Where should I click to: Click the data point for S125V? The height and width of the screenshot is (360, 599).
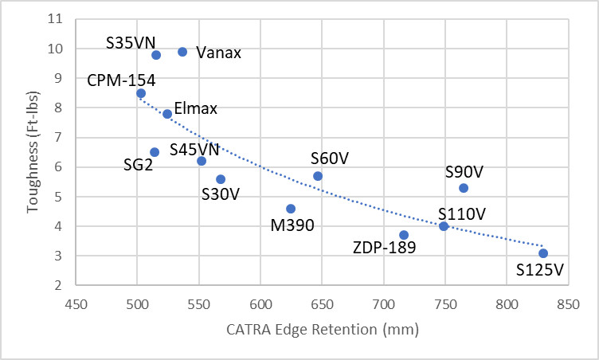[543, 253]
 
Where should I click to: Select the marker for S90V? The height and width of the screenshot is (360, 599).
[464, 188]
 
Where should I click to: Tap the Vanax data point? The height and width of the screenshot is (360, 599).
[182, 52]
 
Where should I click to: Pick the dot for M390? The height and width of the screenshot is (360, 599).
[291, 209]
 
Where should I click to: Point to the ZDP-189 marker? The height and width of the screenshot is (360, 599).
[404, 235]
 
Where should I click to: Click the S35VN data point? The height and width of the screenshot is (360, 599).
[156, 55]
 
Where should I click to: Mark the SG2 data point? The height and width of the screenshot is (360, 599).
[155, 152]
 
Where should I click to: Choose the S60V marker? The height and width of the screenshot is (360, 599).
[318, 176]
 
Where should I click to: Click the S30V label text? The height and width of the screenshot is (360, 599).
[221, 194]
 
